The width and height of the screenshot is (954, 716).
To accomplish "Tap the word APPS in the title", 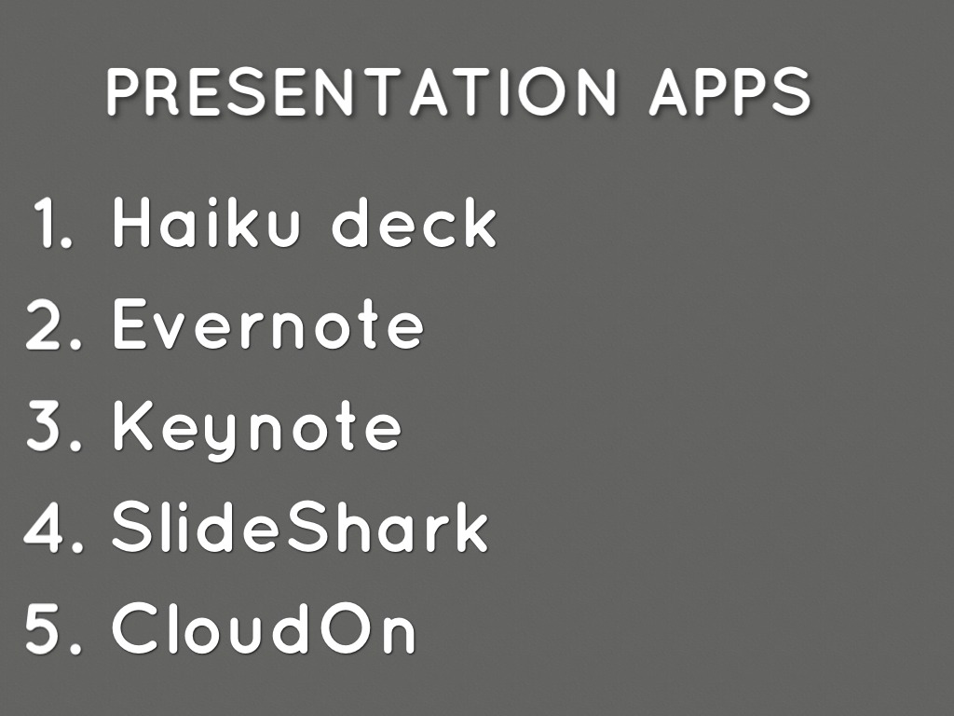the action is click(730, 90).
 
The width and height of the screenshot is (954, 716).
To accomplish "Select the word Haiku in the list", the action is click(207, 222).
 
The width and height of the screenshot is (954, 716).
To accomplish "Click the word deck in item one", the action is click(415, 222).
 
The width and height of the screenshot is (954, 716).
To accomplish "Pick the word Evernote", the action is click(268, 324).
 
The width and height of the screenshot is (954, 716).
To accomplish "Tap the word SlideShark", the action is click(300, 527).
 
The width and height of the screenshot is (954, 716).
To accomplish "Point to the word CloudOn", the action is click(264, 627).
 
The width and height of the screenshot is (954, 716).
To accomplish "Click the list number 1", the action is click(53, 222).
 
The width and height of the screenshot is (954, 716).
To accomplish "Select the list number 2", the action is click(53, 324).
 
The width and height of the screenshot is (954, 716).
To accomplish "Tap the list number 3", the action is click(53, 425).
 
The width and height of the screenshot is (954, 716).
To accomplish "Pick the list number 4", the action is click(53, 527).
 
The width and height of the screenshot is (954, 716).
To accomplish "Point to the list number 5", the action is click(53, 627).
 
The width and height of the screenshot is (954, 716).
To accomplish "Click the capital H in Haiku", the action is click(130, 222).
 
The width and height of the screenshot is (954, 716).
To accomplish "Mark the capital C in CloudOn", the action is click(136, 627).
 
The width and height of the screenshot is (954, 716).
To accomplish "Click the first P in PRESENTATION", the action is click(124, 90).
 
